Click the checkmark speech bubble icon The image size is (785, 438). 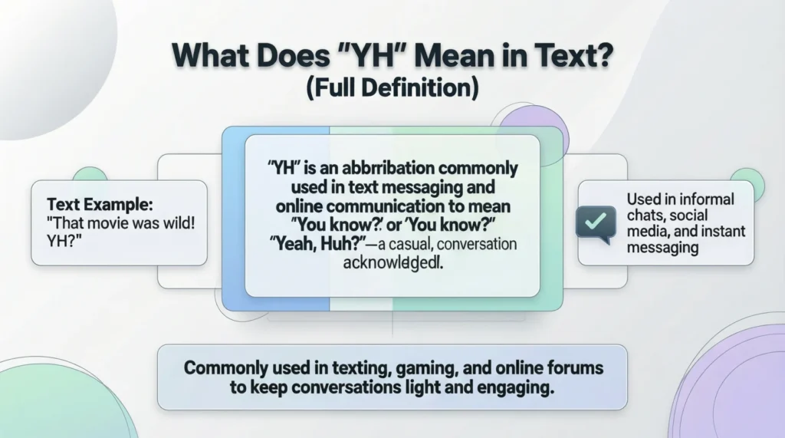(595, 221)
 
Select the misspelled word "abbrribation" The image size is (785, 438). (371, 168)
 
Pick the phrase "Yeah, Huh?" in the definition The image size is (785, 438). (320, 244)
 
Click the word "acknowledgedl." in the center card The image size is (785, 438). (392, 263)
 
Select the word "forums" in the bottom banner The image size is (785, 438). (570, 368)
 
